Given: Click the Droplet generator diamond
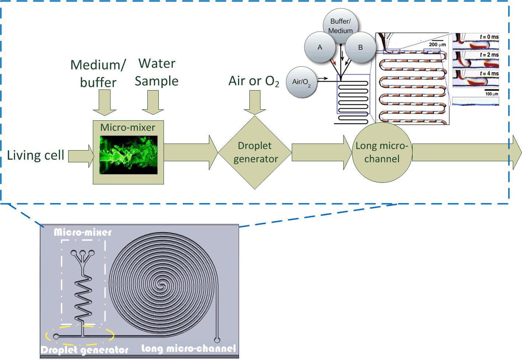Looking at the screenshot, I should click(x=255, y=152).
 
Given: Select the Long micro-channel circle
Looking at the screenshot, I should click(x=382, y=152).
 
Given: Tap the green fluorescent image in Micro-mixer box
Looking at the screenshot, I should click(x=129, y=155).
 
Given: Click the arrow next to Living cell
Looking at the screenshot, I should click(x=81, y=156).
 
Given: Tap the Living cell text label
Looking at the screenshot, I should click(x=36, y=155).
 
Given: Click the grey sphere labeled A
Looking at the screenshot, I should click(x=320, y=47).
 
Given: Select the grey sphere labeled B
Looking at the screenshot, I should click(x=360, y=47).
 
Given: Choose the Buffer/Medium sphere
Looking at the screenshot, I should click(x=341, y=26).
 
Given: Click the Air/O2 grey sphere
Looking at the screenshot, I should click(x=301, y=82).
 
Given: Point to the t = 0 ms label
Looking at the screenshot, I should click(x=489, y=37).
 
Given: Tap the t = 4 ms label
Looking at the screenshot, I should click(x=489, y=73).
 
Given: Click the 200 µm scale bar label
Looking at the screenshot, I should click(x=437, y=45).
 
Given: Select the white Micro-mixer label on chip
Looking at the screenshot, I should click(x=83, y=232).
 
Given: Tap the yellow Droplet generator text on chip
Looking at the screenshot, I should click(x=85, y=350).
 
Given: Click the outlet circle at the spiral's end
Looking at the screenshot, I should click(x=217, y=340).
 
